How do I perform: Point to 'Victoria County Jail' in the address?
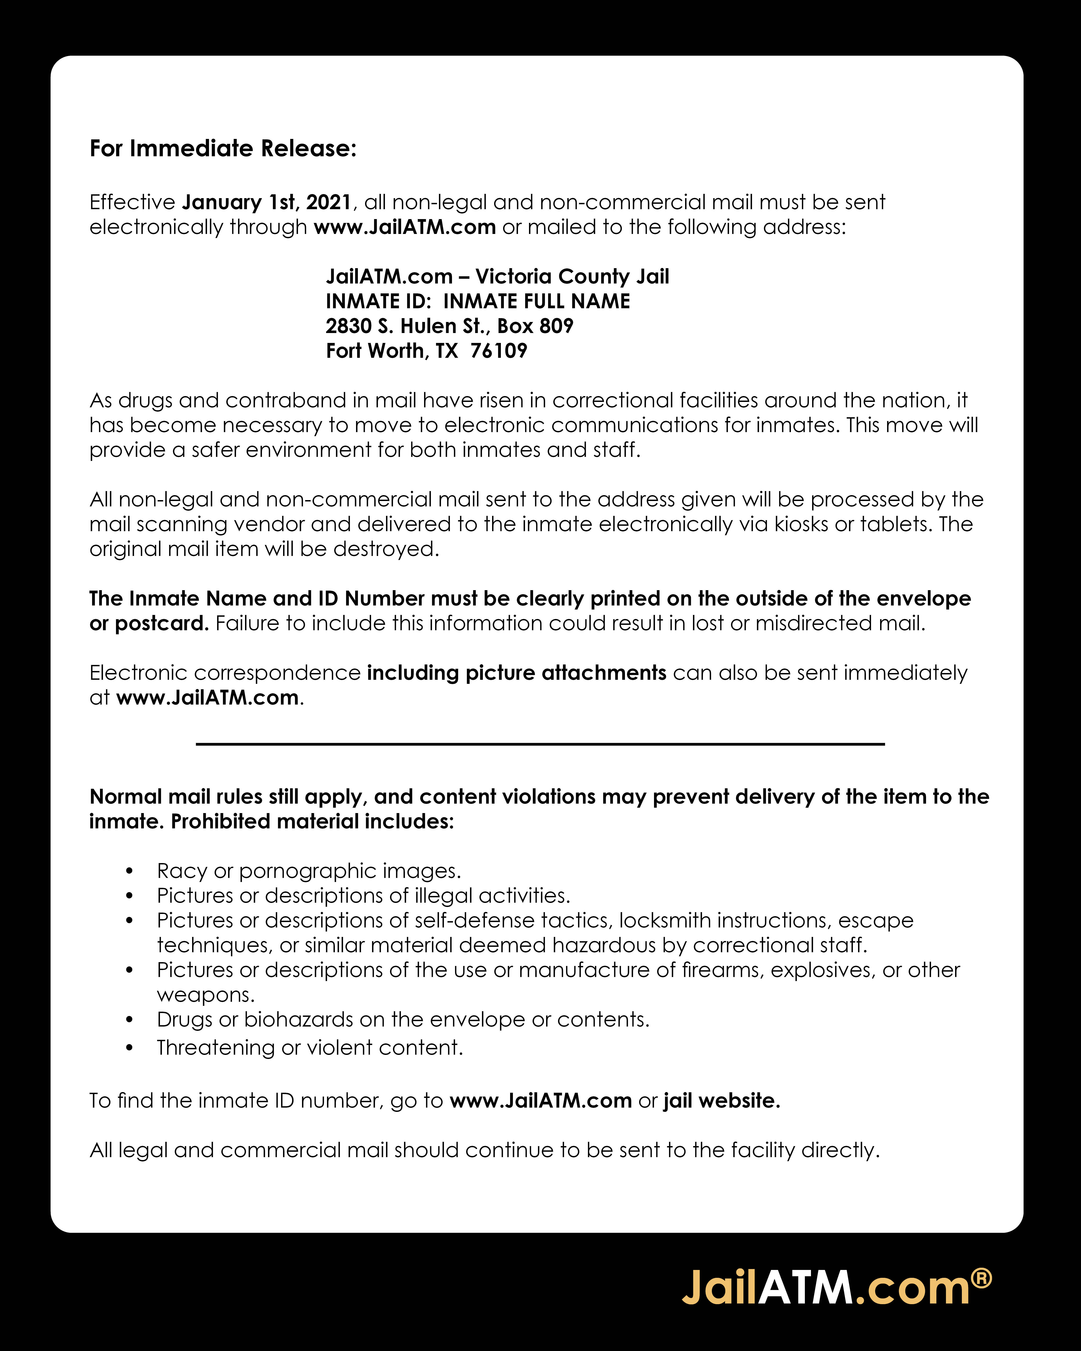click(572, 276)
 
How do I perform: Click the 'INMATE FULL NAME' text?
click(536, 301)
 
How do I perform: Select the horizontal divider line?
click(540, 744)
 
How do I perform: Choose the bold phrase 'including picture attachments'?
click(516, 673)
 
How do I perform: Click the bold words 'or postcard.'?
click(148, 623)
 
